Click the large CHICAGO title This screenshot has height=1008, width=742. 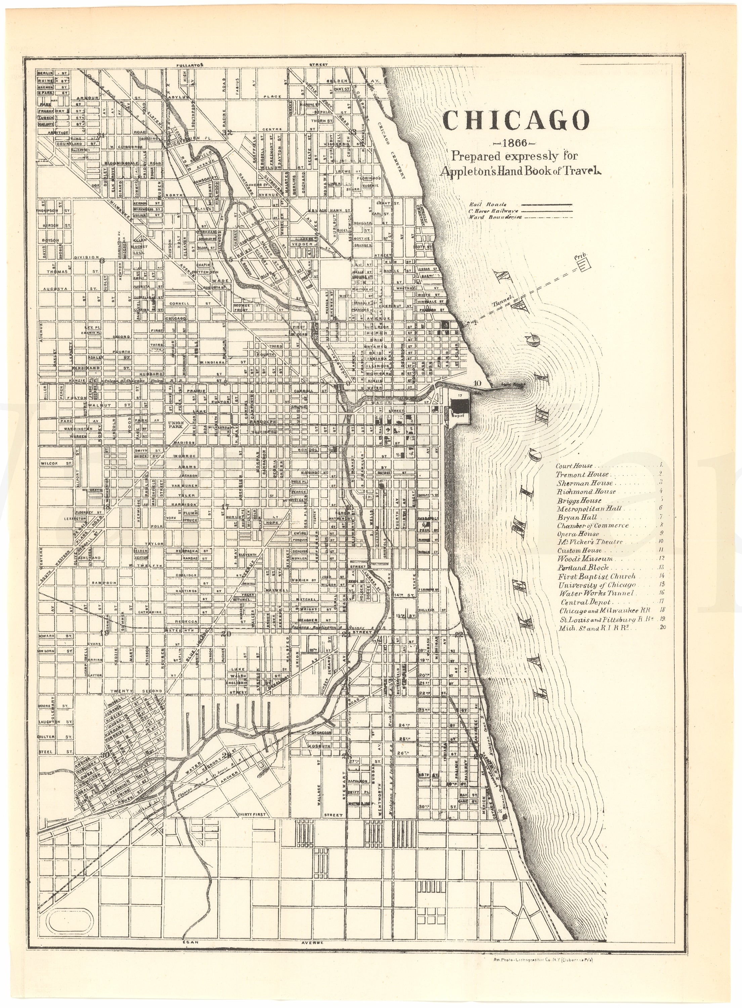(x=516, y=120)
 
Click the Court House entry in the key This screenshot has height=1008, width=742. (x=574, y=466)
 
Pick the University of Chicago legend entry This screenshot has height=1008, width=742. (x=597, y=585)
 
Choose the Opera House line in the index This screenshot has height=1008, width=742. (x=578, y=534)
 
